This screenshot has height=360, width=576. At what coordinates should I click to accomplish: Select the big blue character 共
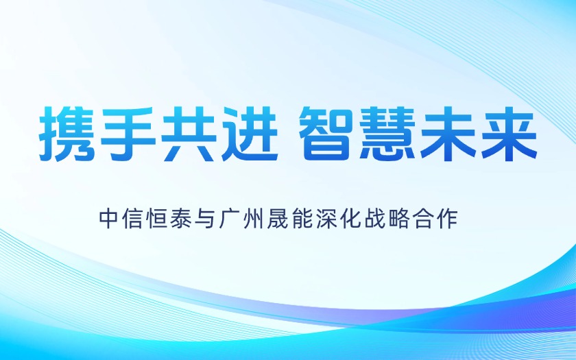[x=189, y=134]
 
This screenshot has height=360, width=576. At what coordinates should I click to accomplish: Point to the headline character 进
[x=250, y=134]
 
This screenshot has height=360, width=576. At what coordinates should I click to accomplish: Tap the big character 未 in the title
[x=449, y=134]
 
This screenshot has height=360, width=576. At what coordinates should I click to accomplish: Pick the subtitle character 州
[x=254, y=219]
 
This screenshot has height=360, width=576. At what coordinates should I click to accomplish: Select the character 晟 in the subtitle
[x=278, y=219]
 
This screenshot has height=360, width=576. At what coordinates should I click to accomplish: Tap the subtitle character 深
[x=326, y=219]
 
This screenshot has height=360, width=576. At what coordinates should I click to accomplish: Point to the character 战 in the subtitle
[x=374, y=219]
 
